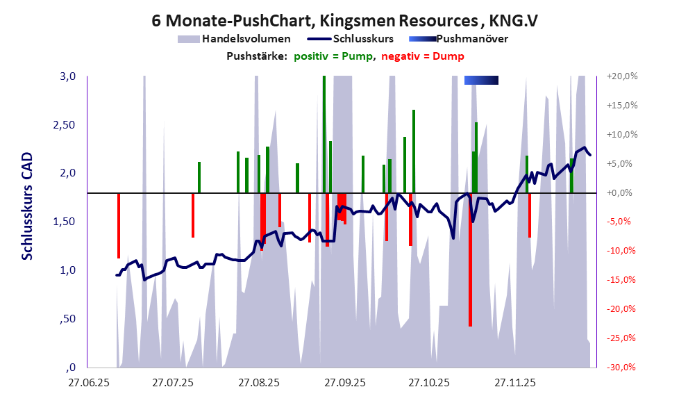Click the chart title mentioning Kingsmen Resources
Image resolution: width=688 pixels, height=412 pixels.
344,21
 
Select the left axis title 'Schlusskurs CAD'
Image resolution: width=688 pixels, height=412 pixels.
27,207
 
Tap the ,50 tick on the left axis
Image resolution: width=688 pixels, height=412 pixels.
67,319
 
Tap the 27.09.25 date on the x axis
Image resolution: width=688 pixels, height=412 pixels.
344,382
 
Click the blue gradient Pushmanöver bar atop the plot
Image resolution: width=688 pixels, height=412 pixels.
481,81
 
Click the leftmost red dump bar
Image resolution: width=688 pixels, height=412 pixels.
119,226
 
